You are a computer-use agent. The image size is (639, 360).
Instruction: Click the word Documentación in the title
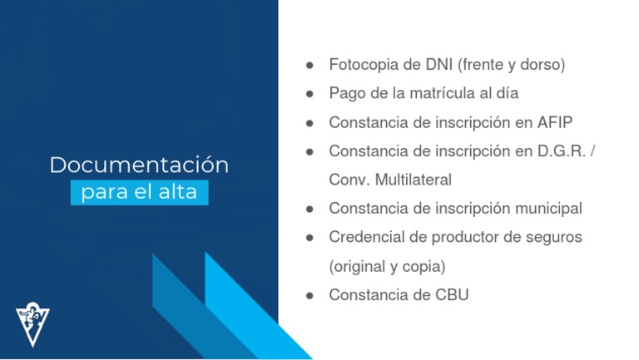[139, 165]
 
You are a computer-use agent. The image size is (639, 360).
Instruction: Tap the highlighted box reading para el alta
[139, 193]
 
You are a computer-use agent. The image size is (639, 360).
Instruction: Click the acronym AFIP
[554, 122]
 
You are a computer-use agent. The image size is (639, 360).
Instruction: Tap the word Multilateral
[413, 180]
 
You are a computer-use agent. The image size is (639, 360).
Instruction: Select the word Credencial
[364, 237]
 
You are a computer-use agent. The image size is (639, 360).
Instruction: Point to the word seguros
[552, 237]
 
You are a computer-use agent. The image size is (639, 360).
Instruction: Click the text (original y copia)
[387, 266]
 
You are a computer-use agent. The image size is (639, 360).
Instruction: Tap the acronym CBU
[450, 295]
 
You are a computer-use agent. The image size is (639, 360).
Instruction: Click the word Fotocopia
[364, 65]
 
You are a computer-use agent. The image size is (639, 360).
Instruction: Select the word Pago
[345, 93]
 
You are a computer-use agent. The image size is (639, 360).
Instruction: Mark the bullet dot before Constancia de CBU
[310, 295]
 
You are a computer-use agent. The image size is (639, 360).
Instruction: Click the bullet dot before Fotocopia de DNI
[310, 65]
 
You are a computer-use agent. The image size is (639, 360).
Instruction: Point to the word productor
[464, 237]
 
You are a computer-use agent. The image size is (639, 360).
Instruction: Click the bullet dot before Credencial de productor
[310, 237]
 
